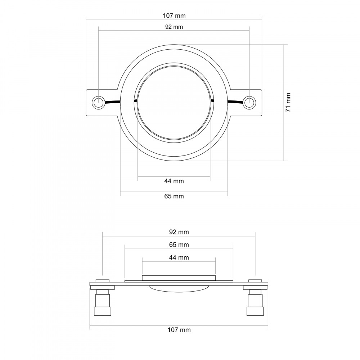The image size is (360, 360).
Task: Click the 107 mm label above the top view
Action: (174, 15)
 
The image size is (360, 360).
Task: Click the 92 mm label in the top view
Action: (174, 27)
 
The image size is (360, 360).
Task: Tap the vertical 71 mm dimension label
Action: (288, 102)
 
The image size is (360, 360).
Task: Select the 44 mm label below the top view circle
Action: (174, 181)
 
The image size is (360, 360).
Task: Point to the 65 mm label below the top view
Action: (174, 196)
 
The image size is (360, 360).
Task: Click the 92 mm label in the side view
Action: (179, 232)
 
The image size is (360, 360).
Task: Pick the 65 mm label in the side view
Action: (179, 245)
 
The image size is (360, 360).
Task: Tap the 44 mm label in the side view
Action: (179, 258)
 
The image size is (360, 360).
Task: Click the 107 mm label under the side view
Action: (179, 330)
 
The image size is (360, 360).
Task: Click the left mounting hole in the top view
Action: (99, 102)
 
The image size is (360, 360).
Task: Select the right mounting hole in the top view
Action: (249, 102)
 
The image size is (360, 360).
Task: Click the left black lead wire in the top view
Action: (112, 102)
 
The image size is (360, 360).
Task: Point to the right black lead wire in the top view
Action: (235, 102)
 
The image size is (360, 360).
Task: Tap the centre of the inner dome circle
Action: (174, 102)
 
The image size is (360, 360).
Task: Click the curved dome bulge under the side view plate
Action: (179, 289)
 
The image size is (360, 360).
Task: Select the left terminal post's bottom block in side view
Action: (103, 311)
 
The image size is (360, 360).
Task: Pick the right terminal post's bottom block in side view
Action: (255, 311)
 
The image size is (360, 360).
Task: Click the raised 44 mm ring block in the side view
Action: (179, 278)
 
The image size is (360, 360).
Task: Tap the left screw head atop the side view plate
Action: (103, 281)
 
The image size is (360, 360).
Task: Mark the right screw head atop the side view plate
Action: (255, 281)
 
